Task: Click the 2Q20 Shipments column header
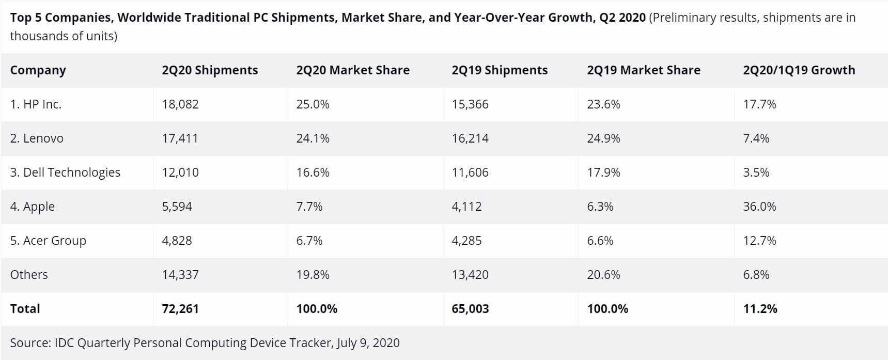click(x=210, y=70)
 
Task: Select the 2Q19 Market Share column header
click(x=643, y=70)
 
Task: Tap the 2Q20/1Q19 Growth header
click(x=799, y=70)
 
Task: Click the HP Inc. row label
click(x=36, y=104)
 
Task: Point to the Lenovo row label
click(x=37, y=138)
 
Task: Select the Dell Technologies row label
click(x=65, y=173)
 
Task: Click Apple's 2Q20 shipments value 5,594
click(x=177, y=207)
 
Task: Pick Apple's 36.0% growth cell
click(x=759, y=207)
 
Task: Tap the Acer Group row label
click(x=48, y=241)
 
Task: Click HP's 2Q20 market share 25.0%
click(x=313, y=104)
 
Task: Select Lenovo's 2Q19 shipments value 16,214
click(x=470, y=138)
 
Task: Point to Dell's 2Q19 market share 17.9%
click(x=603, y=173)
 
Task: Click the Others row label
click(x=29, y=275)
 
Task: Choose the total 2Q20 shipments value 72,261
click(x=180, y=309)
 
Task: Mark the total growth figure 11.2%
click(x=760, y=309)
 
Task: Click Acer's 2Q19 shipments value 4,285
click(x=466, y=241)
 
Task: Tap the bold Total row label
click(x=25, y=309)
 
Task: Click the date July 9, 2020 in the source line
click(x=368, y=343)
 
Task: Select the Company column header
click(x=38, y=70)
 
